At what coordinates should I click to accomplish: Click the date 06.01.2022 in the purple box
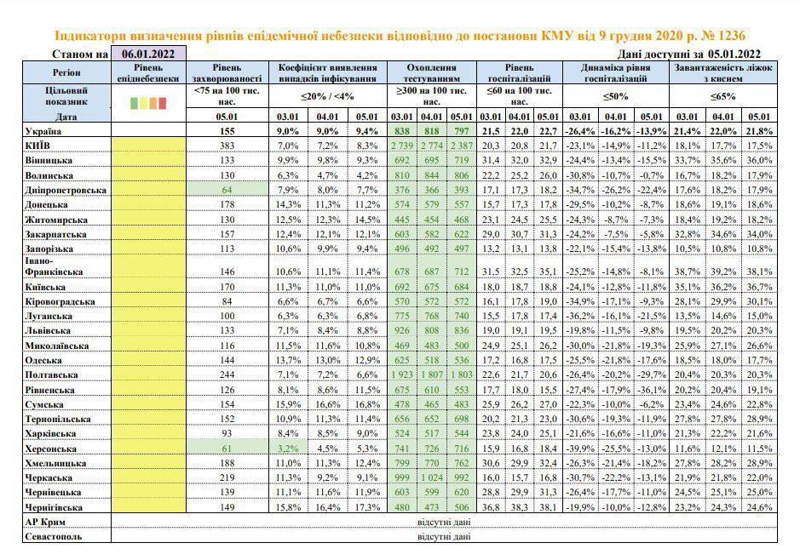tap(148, 54)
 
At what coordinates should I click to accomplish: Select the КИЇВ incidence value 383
tap(227, 146)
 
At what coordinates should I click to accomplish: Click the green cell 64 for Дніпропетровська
tap(227, 190)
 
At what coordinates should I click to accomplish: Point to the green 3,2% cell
tap(288, 449)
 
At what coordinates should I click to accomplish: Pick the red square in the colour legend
tap(162, 104)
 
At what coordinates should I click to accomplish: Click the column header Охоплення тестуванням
tap(432, 73)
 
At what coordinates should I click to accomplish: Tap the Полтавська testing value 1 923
tap(402, 375)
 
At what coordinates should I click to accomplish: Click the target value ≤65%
tap(723, 96)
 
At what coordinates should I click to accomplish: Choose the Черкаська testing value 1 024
tap(432, 478)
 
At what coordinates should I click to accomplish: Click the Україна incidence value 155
tap(227, 131)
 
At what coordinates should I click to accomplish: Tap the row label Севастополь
tap(53, 536)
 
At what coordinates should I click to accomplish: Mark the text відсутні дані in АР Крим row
tap(444, 522)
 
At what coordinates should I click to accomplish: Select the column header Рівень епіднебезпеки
tap(148, 73)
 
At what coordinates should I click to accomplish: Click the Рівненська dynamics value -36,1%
tap(651, 391)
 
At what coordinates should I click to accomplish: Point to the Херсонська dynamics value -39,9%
tap(579, 449)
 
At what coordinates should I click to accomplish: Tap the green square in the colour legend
tap(134, 104)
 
